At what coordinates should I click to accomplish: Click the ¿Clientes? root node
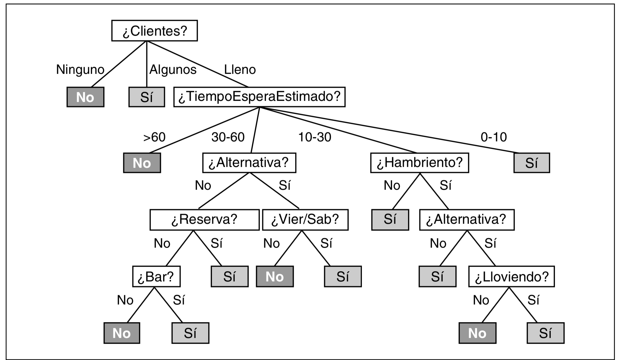(x=154, y=31)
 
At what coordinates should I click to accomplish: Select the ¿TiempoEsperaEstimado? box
(x=259, y=97)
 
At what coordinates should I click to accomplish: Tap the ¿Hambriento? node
(x=419, y=163)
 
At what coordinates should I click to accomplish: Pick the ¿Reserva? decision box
(x=204, y=220)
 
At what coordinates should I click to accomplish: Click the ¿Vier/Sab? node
(x=305, y=220)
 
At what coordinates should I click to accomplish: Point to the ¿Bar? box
(x=156, y=276)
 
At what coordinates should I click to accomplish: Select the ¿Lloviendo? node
(x=511, y=276)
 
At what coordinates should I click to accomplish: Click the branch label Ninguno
(x=80, y=69)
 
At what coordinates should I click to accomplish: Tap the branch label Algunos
(x=173, y=69)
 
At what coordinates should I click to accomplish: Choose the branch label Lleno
(x=240, y=69)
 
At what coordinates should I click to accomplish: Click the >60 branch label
(x=154, y=137)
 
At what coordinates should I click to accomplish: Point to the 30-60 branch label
(x=228, y=137)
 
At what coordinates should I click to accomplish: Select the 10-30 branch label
(x=315, y=137)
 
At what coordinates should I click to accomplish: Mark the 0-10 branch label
(x=494, y=137)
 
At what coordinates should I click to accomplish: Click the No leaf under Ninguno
(x=85, y=97)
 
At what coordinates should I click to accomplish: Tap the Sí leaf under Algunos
(x=147, y=97)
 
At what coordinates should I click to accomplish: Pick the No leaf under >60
(x=142, y=163)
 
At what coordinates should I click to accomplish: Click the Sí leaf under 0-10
(x=531, y=163)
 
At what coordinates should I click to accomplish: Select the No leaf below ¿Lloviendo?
(x=477, y=333)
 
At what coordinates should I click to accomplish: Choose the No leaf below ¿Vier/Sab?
(x=275, y=276)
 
